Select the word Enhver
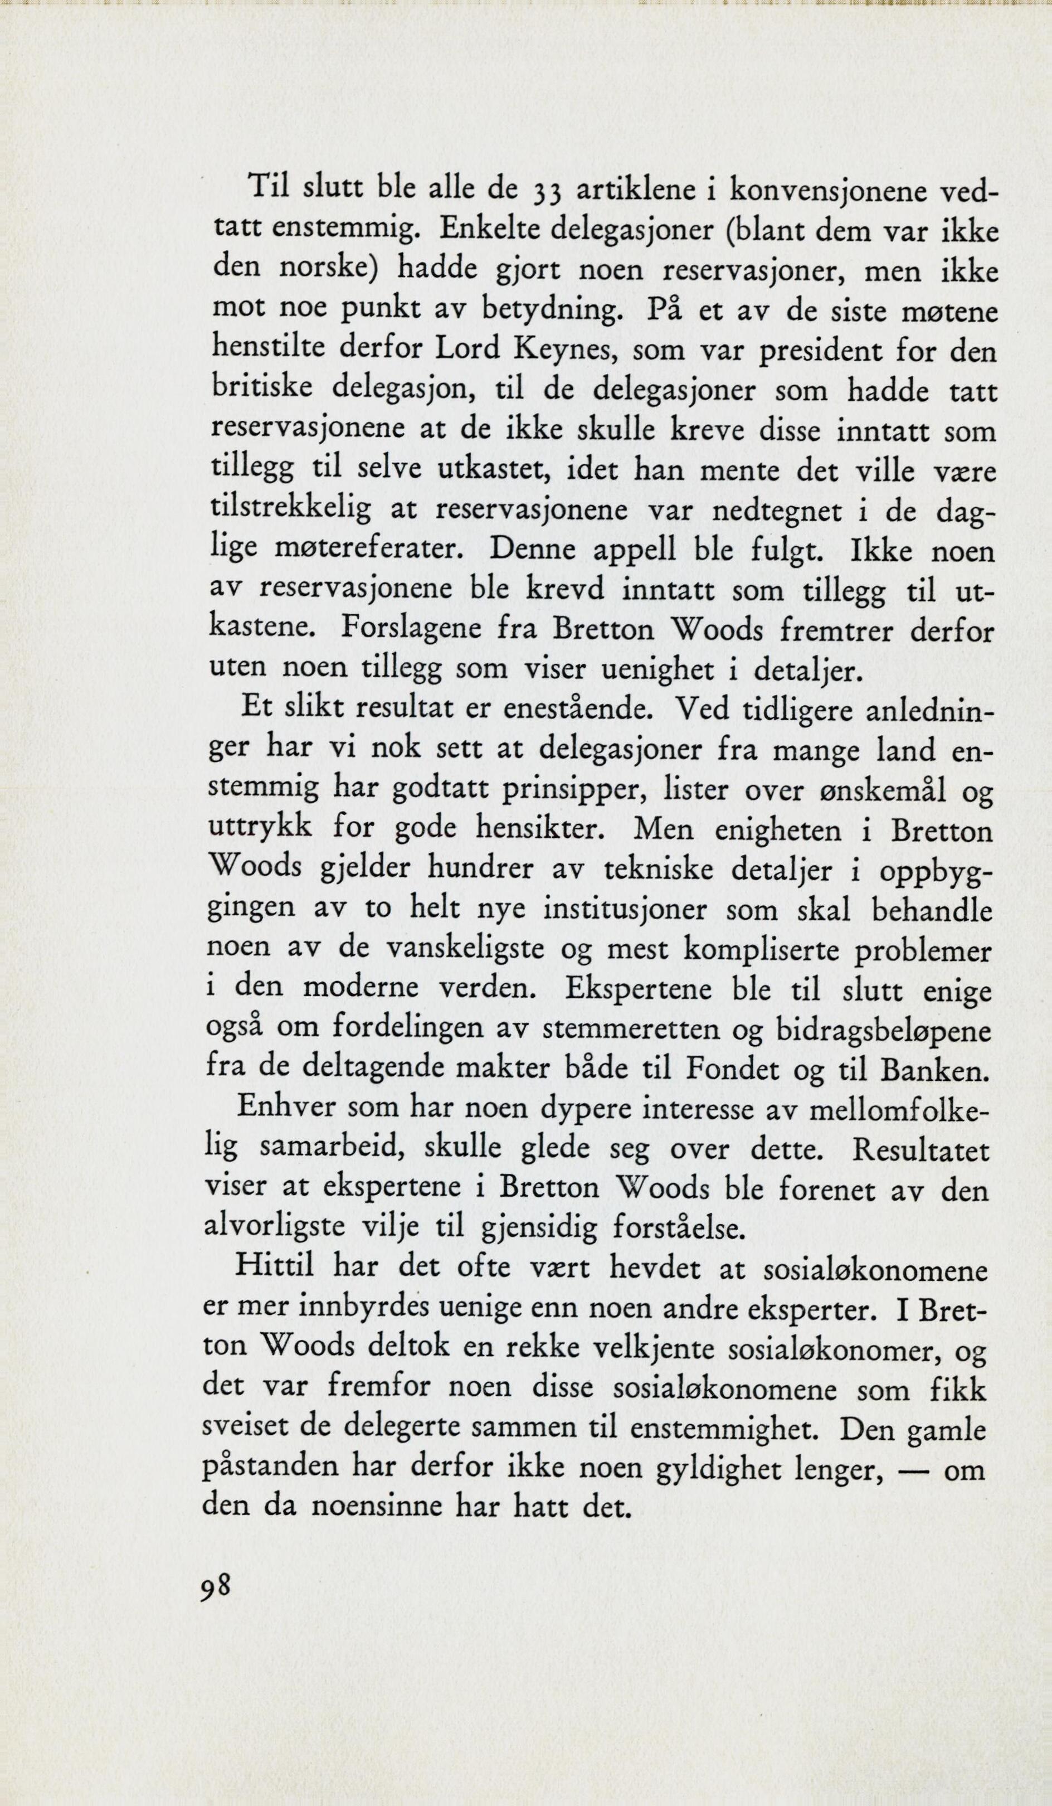pyautogui.click(x=285, y=1109)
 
